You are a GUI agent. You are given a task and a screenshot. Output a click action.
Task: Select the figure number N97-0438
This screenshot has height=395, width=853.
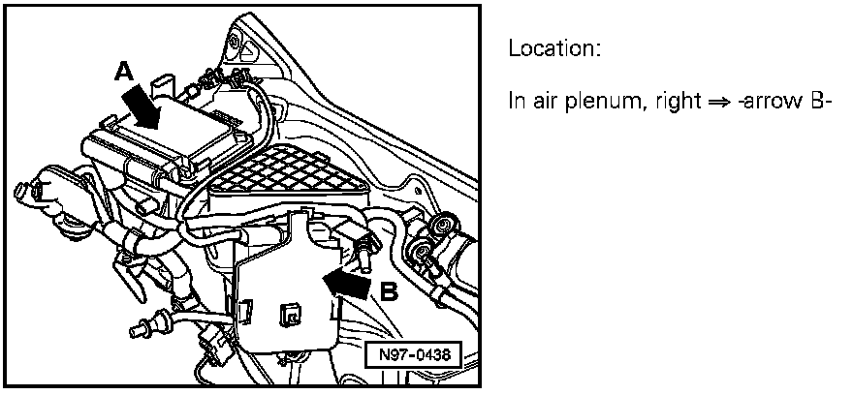click(413, 355)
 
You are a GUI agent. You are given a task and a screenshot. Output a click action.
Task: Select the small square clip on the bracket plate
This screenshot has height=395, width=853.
click(288, 314)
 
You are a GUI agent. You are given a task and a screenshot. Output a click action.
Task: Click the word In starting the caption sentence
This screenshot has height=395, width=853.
click(517, 101)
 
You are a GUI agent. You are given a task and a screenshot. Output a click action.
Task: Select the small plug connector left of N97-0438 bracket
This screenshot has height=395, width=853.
click(212, 340)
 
